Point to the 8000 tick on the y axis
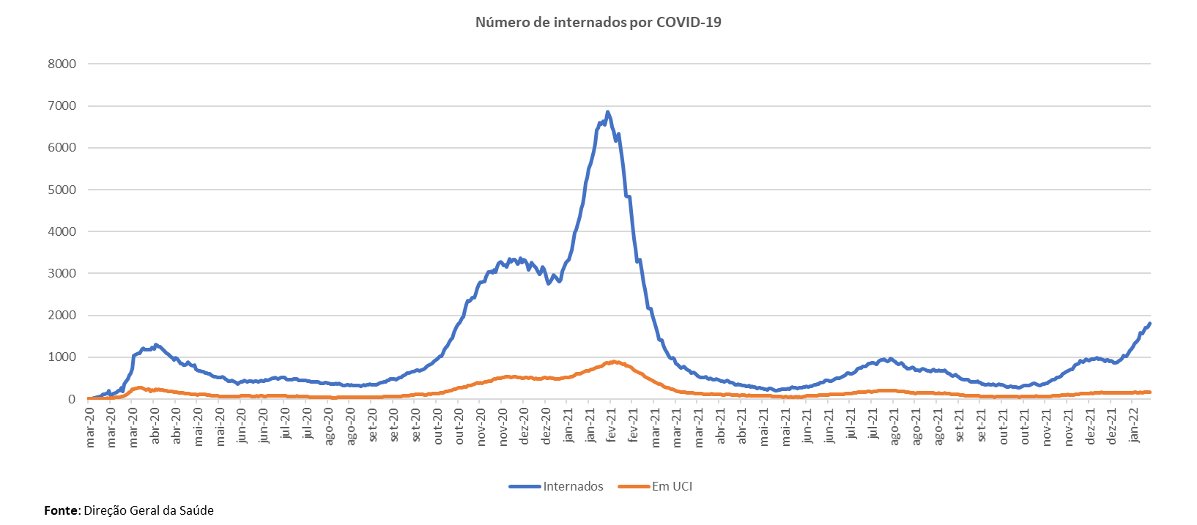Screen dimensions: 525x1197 (x=62, y=64)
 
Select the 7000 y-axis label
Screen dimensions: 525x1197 (x=62, y=106)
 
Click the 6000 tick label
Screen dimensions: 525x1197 (x=62, y=148)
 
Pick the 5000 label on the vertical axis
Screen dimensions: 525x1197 (x=62, y=190)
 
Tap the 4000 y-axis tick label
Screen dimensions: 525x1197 (x=62, y=231)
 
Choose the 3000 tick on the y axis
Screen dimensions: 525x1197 (x=62, y=274)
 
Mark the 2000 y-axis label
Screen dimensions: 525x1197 (x=62, y=316)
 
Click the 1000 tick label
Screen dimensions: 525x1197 (x=62, y=357)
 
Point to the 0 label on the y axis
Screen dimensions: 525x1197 (x=72, y=399)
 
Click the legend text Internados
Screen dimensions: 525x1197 (x=573, y=486)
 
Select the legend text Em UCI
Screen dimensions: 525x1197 (x=672, y=486)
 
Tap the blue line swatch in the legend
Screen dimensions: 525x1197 (x=525, y=486)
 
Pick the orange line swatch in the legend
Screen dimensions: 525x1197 (x=634, y=486)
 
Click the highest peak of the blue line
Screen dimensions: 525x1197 (x=607, y=111)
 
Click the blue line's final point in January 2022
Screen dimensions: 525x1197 (x=1150, y=323)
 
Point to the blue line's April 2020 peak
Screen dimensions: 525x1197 (x=155, y=344)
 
